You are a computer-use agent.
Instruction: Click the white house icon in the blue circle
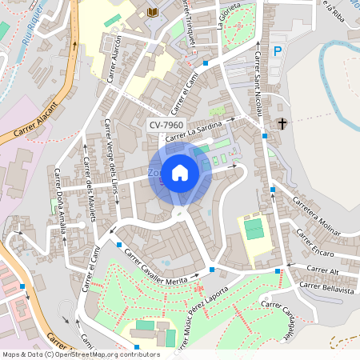(180, 172)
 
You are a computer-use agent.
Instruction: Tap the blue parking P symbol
(278, 51)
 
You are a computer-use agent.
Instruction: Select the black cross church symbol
(282, 123)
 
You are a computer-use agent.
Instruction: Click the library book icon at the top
(152, 12)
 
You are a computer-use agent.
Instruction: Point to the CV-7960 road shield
(166, 126)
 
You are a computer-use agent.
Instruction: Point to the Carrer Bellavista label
(326, 286)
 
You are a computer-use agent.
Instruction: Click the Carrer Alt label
(323, 269)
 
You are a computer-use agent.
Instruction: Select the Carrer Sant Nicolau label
(258, 84)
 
